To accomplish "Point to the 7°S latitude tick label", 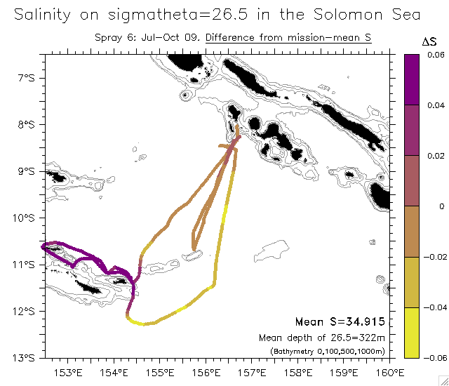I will [x=27, y=78].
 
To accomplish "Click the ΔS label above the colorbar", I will [x=429, y=44].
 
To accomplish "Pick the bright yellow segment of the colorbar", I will [x=413, y=333].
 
